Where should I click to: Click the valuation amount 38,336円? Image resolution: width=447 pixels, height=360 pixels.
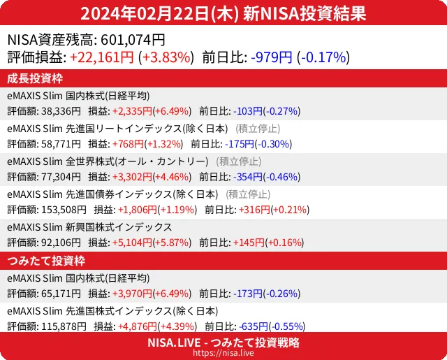pyautogui.click(x=61, y=110)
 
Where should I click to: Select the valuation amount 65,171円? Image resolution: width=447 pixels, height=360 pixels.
pyautogui.click(x=61, y=294)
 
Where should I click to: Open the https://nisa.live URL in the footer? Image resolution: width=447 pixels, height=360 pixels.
pyautogui.click(x=223, y=353)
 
